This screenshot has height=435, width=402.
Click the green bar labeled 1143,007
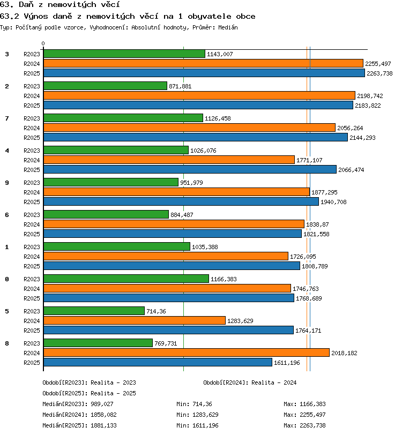[124, 54]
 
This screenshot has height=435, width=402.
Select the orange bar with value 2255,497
[204, 64]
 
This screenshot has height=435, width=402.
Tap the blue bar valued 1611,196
[158, 362]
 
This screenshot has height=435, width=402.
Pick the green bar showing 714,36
[94, 311]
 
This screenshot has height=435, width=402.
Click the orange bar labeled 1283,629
[135, 321]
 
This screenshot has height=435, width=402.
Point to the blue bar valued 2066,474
[190, 169]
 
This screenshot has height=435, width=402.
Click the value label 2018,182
[344, 353]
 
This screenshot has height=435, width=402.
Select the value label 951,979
[191, 183]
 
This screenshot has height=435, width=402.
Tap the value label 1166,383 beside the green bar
[224, 279]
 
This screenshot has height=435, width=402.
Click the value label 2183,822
[368, 106]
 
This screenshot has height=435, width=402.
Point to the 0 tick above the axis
[43, 43]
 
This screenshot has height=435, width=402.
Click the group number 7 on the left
[7, 118]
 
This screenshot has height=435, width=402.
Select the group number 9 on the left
[7, 183]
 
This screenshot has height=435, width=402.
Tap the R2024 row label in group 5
[32, 321]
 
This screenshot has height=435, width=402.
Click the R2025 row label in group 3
[32, 73]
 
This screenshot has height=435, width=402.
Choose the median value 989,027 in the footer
[102, 404]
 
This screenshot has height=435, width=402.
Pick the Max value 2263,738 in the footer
[312, 425]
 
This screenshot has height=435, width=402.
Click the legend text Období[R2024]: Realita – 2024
[250, 382]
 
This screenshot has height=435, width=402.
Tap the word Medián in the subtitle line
[228, 27]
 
